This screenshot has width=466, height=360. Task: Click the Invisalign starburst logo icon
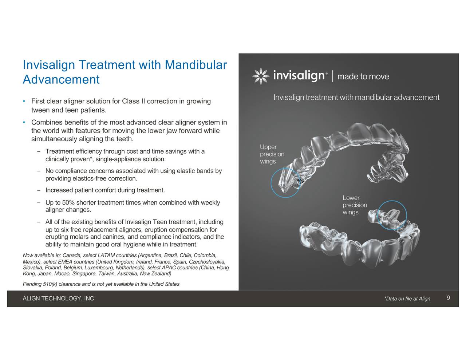261,76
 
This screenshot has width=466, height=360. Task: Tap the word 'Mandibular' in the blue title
196,65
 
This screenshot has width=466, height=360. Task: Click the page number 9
448,298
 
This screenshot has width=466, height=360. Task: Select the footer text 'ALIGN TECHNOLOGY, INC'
58,298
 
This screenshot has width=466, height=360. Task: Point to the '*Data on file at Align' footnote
407,298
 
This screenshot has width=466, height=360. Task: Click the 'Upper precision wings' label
272,154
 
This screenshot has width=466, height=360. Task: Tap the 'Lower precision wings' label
355,205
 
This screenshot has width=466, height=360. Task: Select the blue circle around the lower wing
377,215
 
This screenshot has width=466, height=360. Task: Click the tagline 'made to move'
363,76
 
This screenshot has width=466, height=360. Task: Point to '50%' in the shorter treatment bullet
68,202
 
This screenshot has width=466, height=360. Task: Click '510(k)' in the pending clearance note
50,284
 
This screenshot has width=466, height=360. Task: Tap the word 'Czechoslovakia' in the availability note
207,262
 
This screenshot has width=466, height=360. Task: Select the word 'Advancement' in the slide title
61,79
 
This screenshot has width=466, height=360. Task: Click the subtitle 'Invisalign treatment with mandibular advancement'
356,97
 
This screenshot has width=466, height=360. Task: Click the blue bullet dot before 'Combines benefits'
24,122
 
